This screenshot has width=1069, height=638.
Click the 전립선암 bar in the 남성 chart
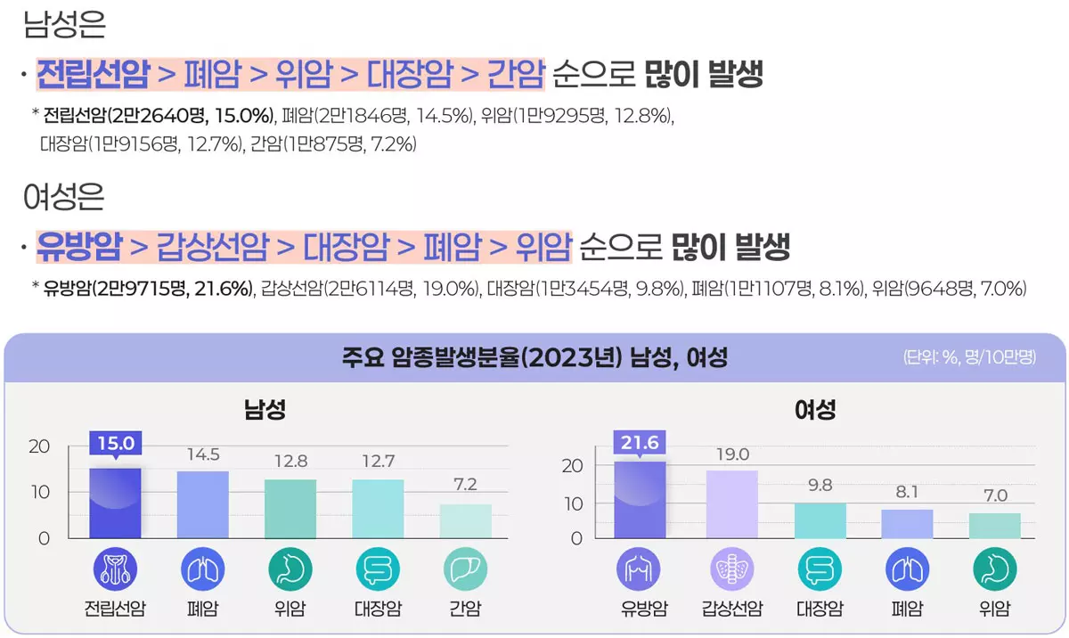tap(115, 503)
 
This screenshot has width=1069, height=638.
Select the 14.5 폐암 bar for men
tap(202, 504)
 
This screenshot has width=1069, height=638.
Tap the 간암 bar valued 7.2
tap(465, 520)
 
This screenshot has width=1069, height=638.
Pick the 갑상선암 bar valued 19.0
tap(731, 504)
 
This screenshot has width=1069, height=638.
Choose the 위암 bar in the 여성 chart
tap(994, 526)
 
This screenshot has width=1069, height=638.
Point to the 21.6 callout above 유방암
tap(640, 443)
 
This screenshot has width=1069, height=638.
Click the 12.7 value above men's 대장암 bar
tap(378, 461)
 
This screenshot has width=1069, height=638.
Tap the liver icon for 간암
tap(465, 569)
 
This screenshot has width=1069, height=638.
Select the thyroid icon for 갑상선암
tap(731, 569)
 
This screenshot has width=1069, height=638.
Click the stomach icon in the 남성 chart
tap(290, 569)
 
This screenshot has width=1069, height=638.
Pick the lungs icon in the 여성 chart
tap(907, 569)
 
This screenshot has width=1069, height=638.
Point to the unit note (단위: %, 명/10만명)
tap(969, 358)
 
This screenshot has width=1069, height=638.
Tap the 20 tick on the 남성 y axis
tap(39, 446)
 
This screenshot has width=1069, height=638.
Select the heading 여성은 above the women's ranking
tap(64, 196)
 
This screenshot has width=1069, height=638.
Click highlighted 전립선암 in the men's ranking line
tap(93, 75)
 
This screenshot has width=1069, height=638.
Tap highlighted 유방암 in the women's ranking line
tap(78, 247)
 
